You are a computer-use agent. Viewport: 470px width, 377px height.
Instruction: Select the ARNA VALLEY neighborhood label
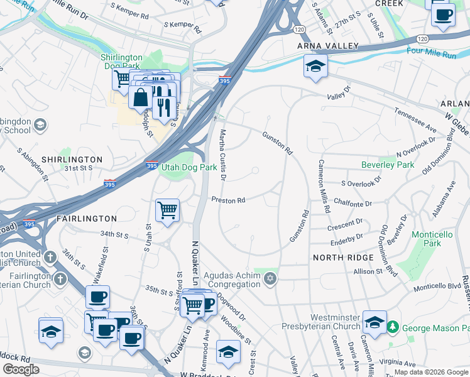coord(329,46)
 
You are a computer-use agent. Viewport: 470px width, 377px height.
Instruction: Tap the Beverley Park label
coord(388,165)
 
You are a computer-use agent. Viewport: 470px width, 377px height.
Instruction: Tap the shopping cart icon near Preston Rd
coord(167,210)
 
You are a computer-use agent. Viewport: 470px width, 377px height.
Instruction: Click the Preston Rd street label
coord(228,200)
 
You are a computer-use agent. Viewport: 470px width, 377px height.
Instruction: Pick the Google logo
coord(21,369)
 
